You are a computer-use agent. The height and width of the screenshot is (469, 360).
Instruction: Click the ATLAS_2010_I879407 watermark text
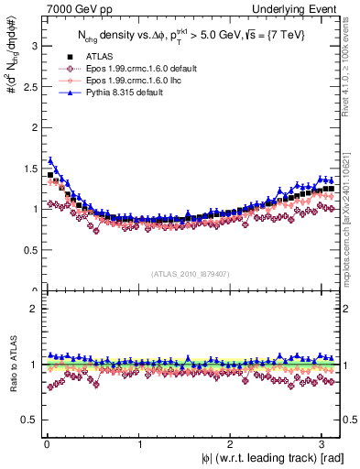[x=191, y=272]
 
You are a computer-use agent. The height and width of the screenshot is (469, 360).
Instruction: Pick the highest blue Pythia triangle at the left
[x=50, y=160]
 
